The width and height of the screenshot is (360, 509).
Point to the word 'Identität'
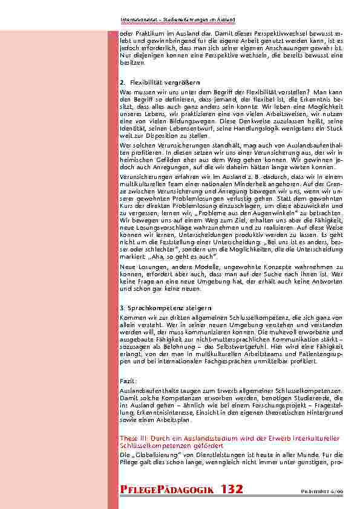[133, 129]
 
